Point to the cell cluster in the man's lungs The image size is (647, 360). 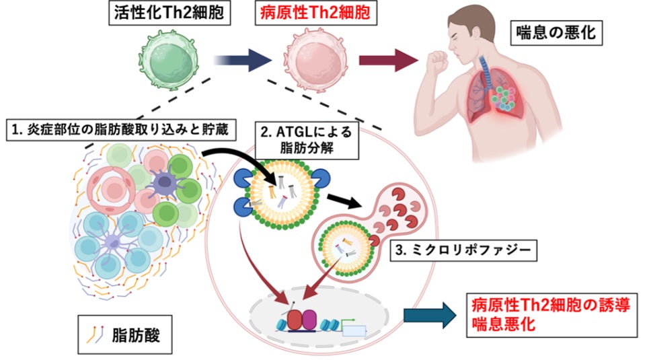coord(501,102)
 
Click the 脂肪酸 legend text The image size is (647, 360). coord(132,332)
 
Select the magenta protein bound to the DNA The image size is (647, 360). coord(309,319)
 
